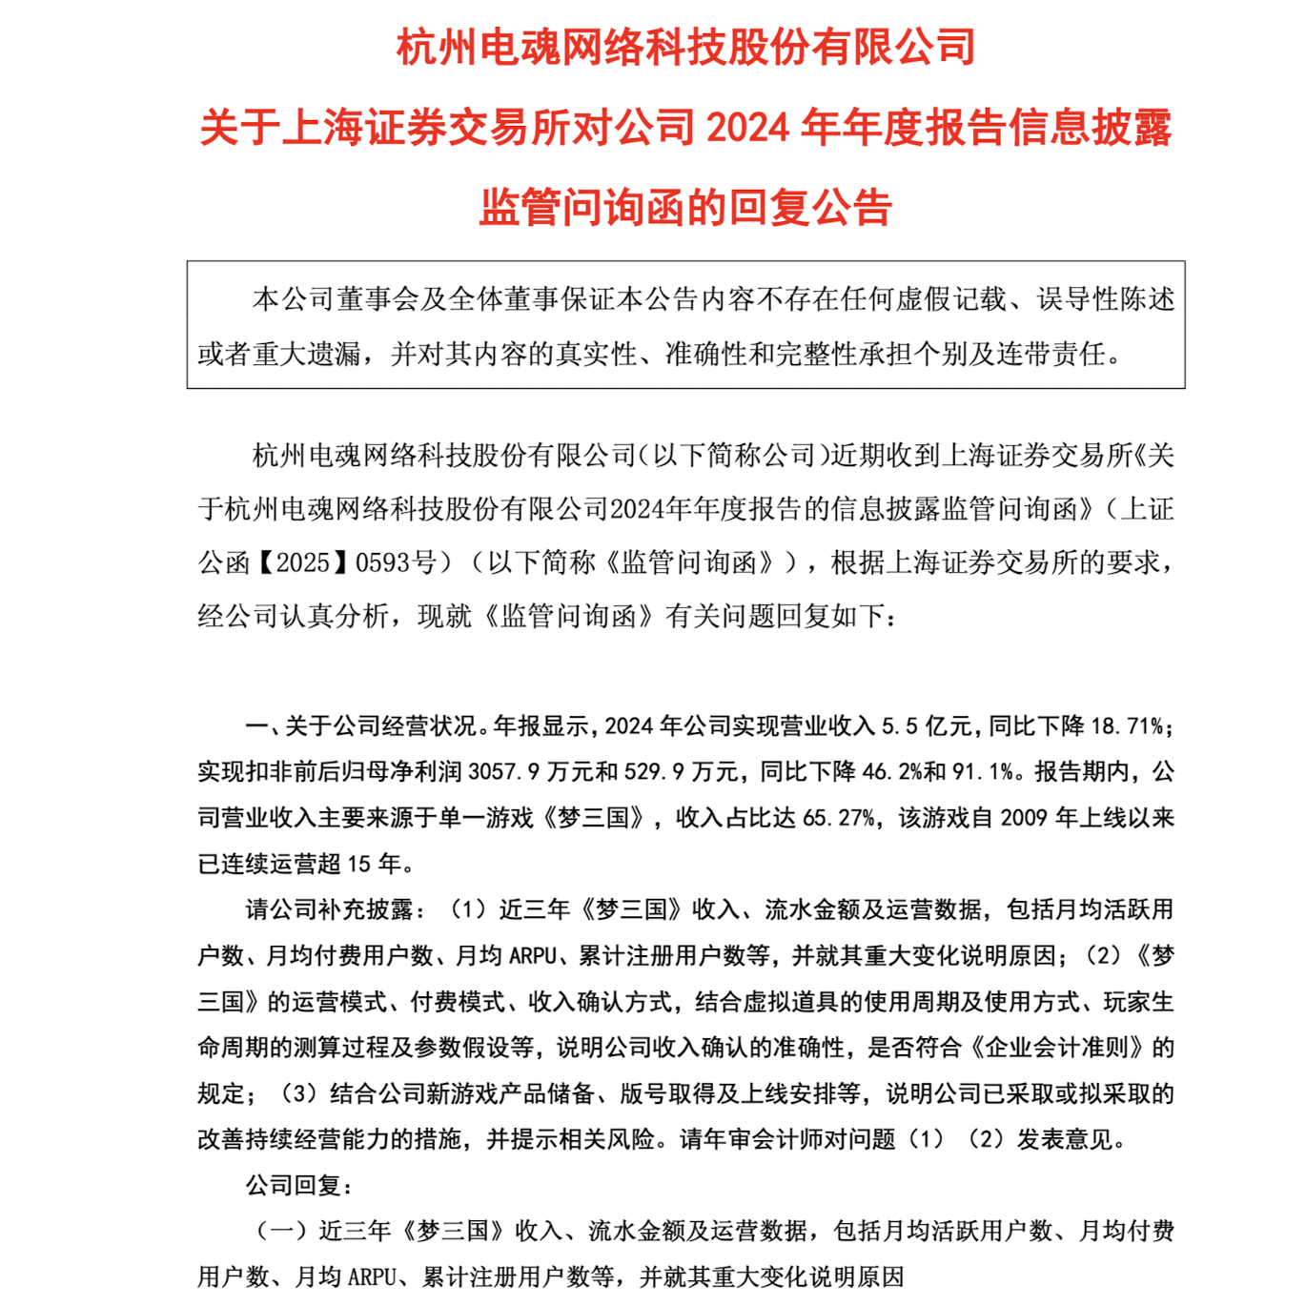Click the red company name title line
tap(685, 47)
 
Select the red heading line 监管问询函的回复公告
tap(685, 208)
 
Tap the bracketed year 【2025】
tap(302, 562)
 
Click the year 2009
tap(1025, 818)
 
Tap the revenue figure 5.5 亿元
tap(926, 726)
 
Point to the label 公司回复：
tap(299, 1186)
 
